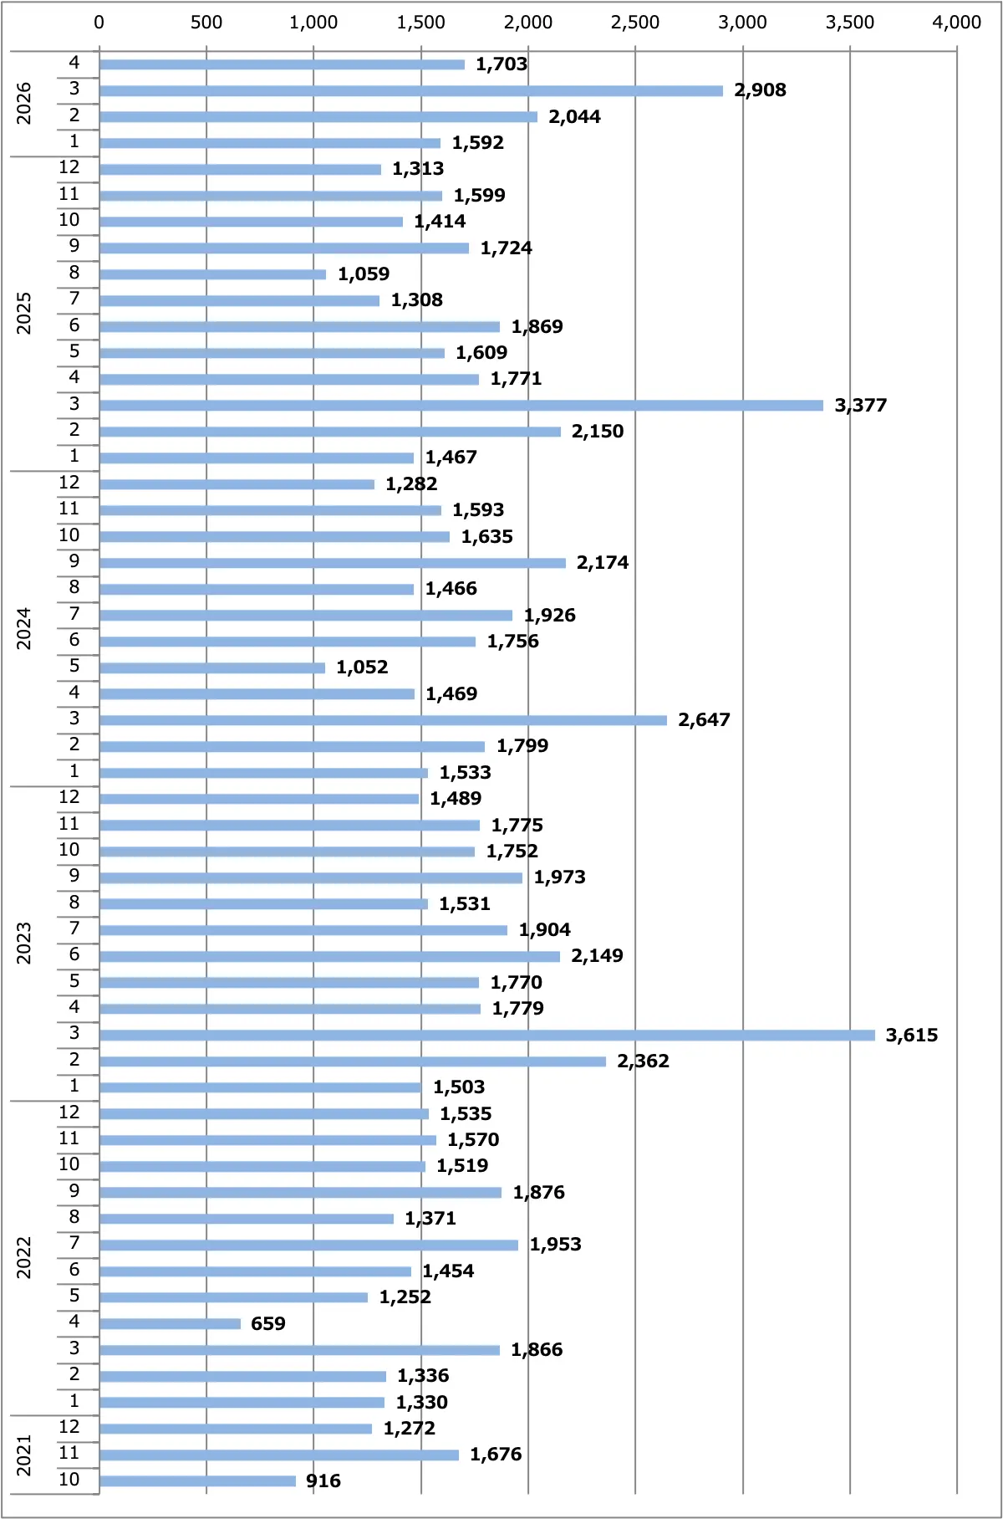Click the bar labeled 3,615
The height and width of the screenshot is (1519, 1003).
[x=487, y=1035]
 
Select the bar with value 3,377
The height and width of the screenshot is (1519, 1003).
[x=461, y=405]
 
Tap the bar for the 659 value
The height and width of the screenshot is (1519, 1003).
[x=170, y=1323]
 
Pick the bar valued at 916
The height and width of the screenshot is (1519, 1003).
[x=197, y=1481]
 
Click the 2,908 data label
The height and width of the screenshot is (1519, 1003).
[x=760, y=90]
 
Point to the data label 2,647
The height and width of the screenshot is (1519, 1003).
[x=704, y=720]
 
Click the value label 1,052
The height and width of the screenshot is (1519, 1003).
[x=362, y=667]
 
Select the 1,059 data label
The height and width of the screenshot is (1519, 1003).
[x=364, y=274]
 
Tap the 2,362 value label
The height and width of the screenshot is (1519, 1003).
[x=643, y=1061]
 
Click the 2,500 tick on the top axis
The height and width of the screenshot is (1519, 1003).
[x=635, y=23]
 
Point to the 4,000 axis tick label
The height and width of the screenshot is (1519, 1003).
[x=957, y=23]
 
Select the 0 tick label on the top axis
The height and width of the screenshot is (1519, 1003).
[x=99, y=23]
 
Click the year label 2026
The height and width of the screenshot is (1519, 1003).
[x=24, y=104]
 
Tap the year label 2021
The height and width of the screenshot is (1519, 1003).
[x=24, y=1455]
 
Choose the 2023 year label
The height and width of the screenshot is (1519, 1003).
[x=24, y=944]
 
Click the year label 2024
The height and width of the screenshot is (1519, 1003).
[x=24, y=629]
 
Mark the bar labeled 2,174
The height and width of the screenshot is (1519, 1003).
[x=333, y=563]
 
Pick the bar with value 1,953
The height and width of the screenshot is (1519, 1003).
[x=308, y=1245]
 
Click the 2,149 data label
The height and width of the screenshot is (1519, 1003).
[x=597, y=956]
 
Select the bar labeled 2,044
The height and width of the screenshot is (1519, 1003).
[x=318, y=116]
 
